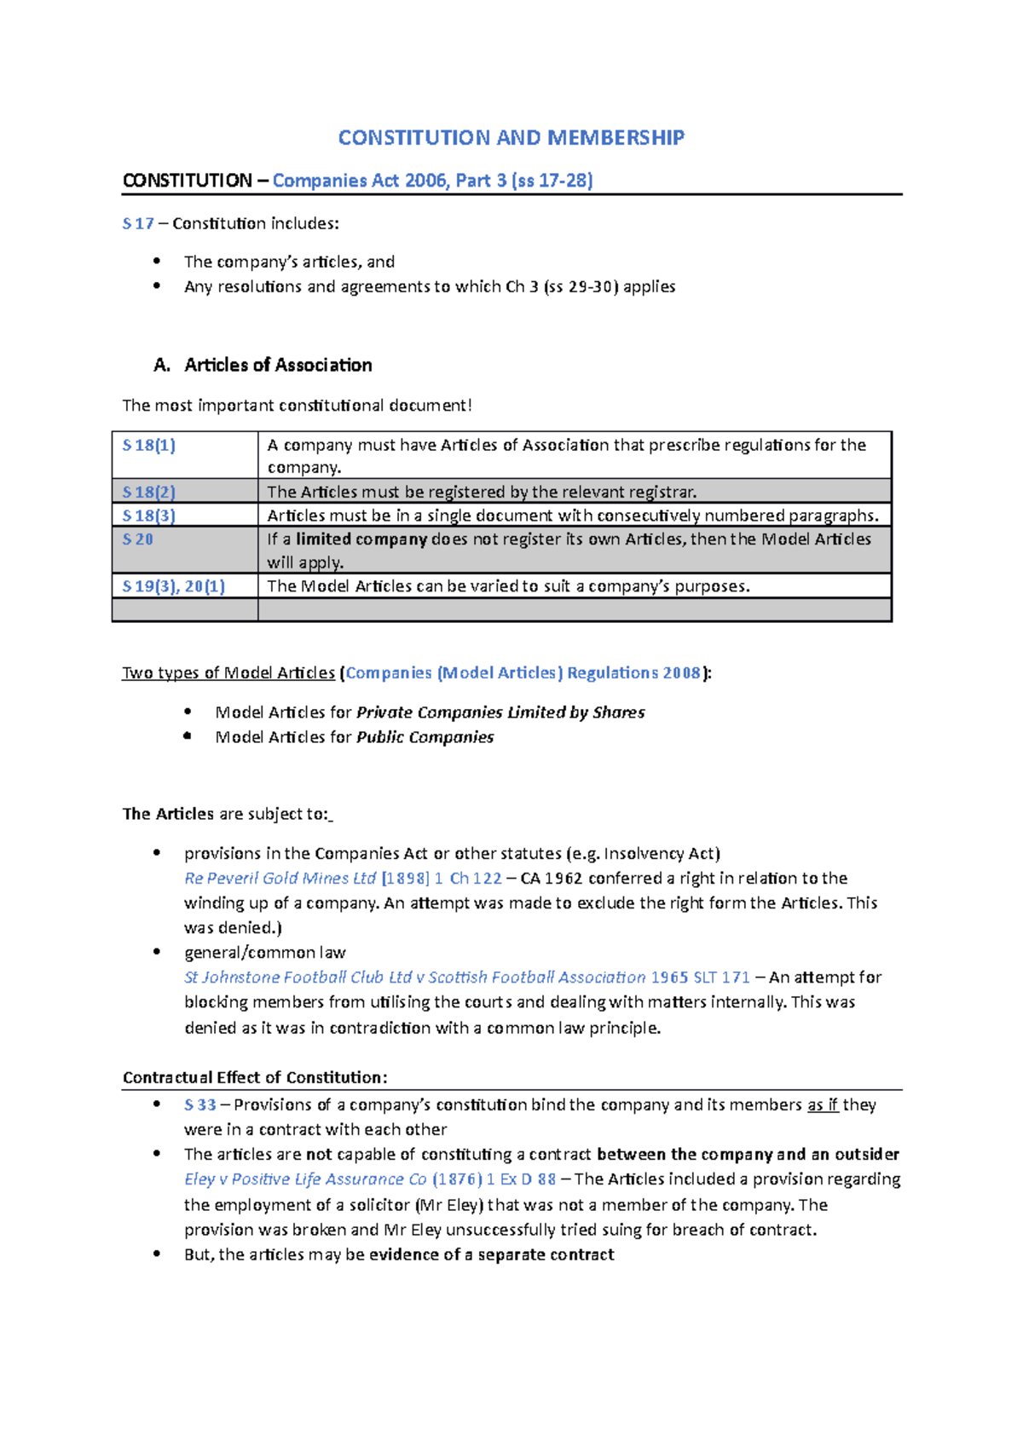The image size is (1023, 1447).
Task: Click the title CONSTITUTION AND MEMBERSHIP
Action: click(x=511, y=137)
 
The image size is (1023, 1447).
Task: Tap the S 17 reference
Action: click(x=138, y=224)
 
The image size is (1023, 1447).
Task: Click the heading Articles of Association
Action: click(x=278, y=365)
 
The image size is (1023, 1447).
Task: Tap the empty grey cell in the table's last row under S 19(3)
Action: click(x=184, y=609)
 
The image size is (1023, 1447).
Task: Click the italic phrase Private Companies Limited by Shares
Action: click(x=500, y=712)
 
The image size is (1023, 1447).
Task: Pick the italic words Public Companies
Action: click(x=425, y=737)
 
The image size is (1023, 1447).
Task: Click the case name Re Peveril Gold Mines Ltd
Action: click(x=280, y=879)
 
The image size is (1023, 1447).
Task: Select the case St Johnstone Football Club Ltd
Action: click(x=298, y=977)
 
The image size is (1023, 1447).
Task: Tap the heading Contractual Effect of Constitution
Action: click(x=255, y=1077)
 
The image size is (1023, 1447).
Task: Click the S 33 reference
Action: click(x=200, y=1105)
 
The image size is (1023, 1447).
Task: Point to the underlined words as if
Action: click(x=823, y=1105)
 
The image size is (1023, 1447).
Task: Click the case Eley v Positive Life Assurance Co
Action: click(x=305, y=1179)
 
